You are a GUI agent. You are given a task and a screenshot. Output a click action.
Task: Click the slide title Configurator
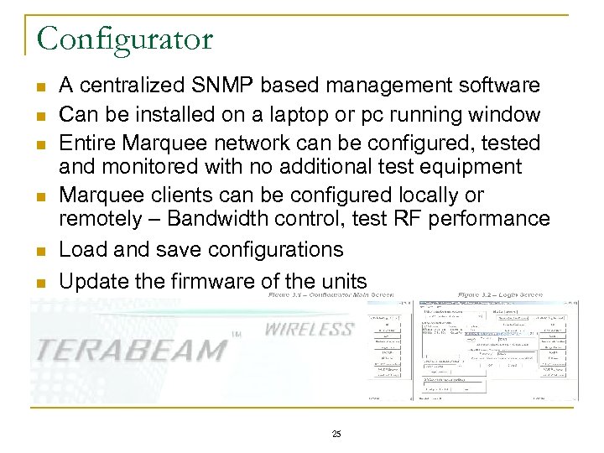click(125, 39)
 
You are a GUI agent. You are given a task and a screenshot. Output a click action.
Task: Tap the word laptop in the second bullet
click(282, 113)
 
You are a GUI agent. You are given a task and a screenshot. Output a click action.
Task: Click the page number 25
click(336, 434)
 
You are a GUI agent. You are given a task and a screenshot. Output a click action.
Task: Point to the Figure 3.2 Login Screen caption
click(500, 295)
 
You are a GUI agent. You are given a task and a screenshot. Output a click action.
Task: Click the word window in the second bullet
click(508, 113)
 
